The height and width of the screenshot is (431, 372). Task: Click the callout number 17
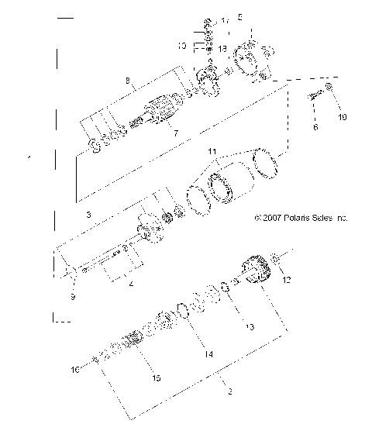[x=226, y=19]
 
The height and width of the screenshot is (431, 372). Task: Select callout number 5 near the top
[x=239, y=16]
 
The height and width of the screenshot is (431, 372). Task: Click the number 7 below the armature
[x=176, y=133]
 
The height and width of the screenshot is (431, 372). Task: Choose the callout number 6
[x=315, y=127]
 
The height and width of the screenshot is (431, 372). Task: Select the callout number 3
[x=89, y=212]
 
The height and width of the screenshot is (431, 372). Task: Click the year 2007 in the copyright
[x=270, y=219]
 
